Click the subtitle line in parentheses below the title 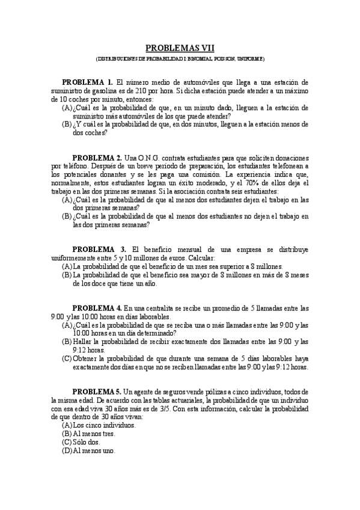pos(180,59)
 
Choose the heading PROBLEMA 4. pos(97,307)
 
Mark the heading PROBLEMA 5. pos(97,392)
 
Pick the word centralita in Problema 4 pos(157,307)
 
